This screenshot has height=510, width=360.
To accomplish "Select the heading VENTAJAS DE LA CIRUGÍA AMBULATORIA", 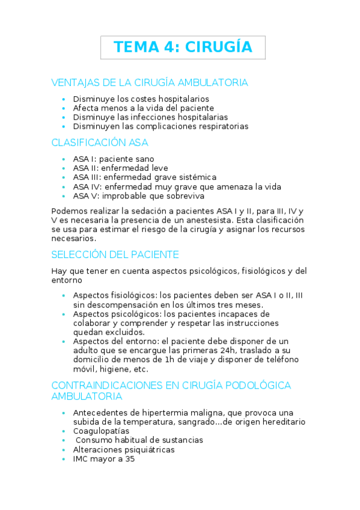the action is click(x=150, y=82).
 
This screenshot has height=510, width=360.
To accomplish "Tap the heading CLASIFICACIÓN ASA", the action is click(x=100, y=143).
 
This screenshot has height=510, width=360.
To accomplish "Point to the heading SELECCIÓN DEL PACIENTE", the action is click(x=115, y=254).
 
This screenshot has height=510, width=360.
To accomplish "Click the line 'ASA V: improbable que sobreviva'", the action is click(x=138, y=195).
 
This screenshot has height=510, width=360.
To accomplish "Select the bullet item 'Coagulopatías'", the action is click(x=102, y=431).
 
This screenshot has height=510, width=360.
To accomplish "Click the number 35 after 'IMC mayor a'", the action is click(x=129, y=458).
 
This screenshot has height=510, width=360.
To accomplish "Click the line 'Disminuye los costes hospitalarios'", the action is click(x=141, y=99).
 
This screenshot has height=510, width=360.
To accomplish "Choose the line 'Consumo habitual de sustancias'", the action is click(x=139, y=440).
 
